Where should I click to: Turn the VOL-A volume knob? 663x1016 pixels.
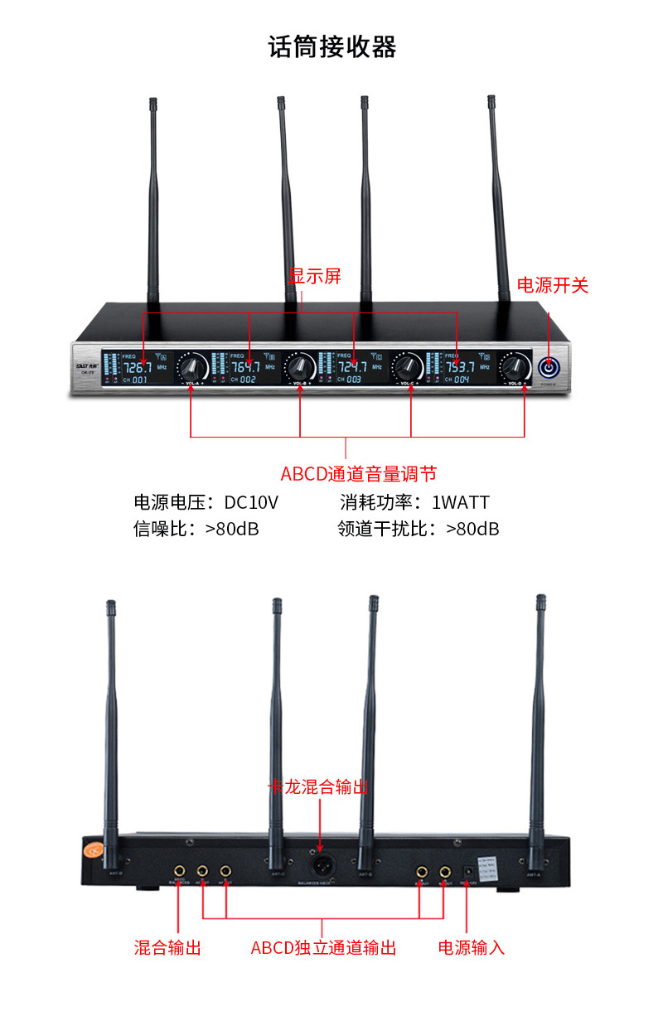pos(193,365)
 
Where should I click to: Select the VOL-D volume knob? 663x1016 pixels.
pos(515,365)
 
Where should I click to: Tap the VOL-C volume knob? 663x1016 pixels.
pos(408,365)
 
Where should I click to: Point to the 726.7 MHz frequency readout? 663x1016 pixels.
pos(138,366)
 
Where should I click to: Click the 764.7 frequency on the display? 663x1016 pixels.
pos(245,366)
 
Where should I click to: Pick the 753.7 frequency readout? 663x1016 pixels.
pos(460,366)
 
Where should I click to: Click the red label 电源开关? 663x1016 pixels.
pos(553,286)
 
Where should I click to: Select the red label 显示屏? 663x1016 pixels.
pos(315,276)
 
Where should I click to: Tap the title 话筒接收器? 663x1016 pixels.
pos(332,46)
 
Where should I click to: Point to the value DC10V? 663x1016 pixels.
pos(251,502)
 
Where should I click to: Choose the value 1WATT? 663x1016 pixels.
pos(461,502)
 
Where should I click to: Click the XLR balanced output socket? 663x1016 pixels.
pos(321,866)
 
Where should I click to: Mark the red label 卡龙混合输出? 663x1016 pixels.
pos(318,786)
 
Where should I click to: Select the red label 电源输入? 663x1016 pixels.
pos(472,947)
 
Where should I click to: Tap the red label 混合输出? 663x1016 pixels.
pos(167,947)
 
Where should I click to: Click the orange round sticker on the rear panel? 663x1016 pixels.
pos(91,849)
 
